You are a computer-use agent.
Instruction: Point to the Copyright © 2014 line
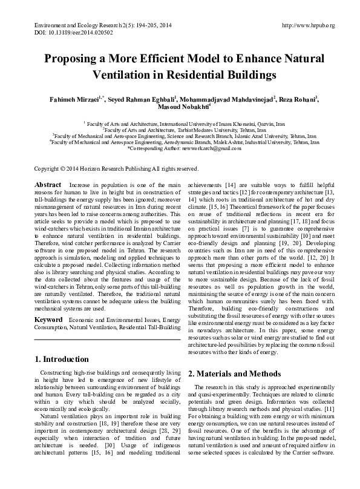click(116, 168)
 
